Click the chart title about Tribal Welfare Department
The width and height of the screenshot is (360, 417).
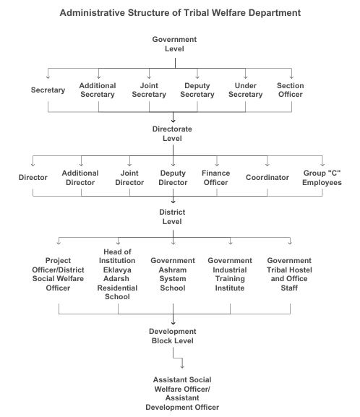(180, 13)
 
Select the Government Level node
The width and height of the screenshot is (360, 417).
(174, 44)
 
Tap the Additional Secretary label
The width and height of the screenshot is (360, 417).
(98, 90)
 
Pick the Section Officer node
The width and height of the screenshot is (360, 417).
(291, 90)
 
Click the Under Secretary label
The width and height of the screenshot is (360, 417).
(245, 90)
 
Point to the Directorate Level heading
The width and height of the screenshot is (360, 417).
(172, 134)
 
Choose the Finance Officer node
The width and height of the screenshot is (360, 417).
(215, 178)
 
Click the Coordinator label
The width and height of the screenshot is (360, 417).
(267, 177)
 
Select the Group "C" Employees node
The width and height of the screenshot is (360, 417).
(322, 178)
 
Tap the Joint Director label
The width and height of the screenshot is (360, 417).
(129, 178)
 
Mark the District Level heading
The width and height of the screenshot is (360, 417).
(172, 217)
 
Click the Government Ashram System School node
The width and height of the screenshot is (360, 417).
(173, 274)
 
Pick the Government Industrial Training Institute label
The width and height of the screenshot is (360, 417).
(230, 274)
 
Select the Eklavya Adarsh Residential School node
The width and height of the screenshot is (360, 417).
(117, 274)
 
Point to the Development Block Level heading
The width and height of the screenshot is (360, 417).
(173, 336)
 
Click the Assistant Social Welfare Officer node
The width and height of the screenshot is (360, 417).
(182, 393)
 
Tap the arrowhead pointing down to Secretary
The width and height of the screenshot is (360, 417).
(48, 77)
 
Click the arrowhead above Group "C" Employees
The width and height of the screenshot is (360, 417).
(322, 165)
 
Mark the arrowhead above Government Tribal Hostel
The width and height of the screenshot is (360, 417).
(290, 243)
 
